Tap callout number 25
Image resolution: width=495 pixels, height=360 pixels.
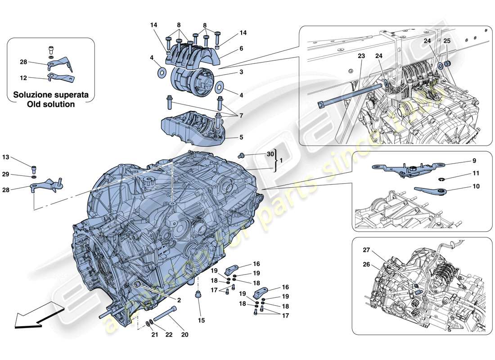click(446, 40)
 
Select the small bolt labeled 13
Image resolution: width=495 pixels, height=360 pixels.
click(34, 169)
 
